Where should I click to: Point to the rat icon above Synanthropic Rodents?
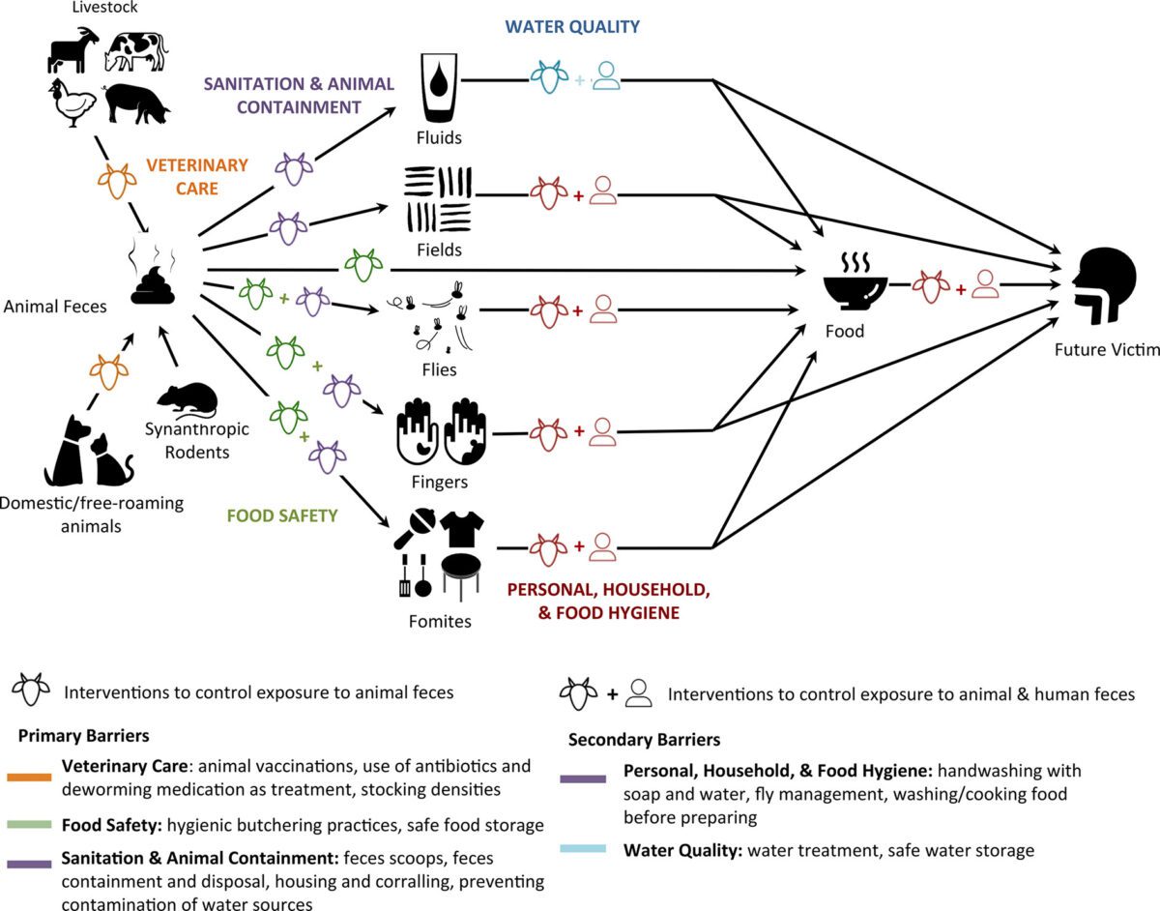click(x=188, y=397)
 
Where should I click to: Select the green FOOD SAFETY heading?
click(x=282, y=515)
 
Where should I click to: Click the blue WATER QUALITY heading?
click(x=573, y=27)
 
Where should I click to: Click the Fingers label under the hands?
click(x=439, y=481)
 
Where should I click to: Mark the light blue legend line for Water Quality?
click(x=584, y=849)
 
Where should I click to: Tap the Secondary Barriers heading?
click(x=643, y=740)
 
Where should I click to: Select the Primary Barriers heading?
click(x=83, y=735)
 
